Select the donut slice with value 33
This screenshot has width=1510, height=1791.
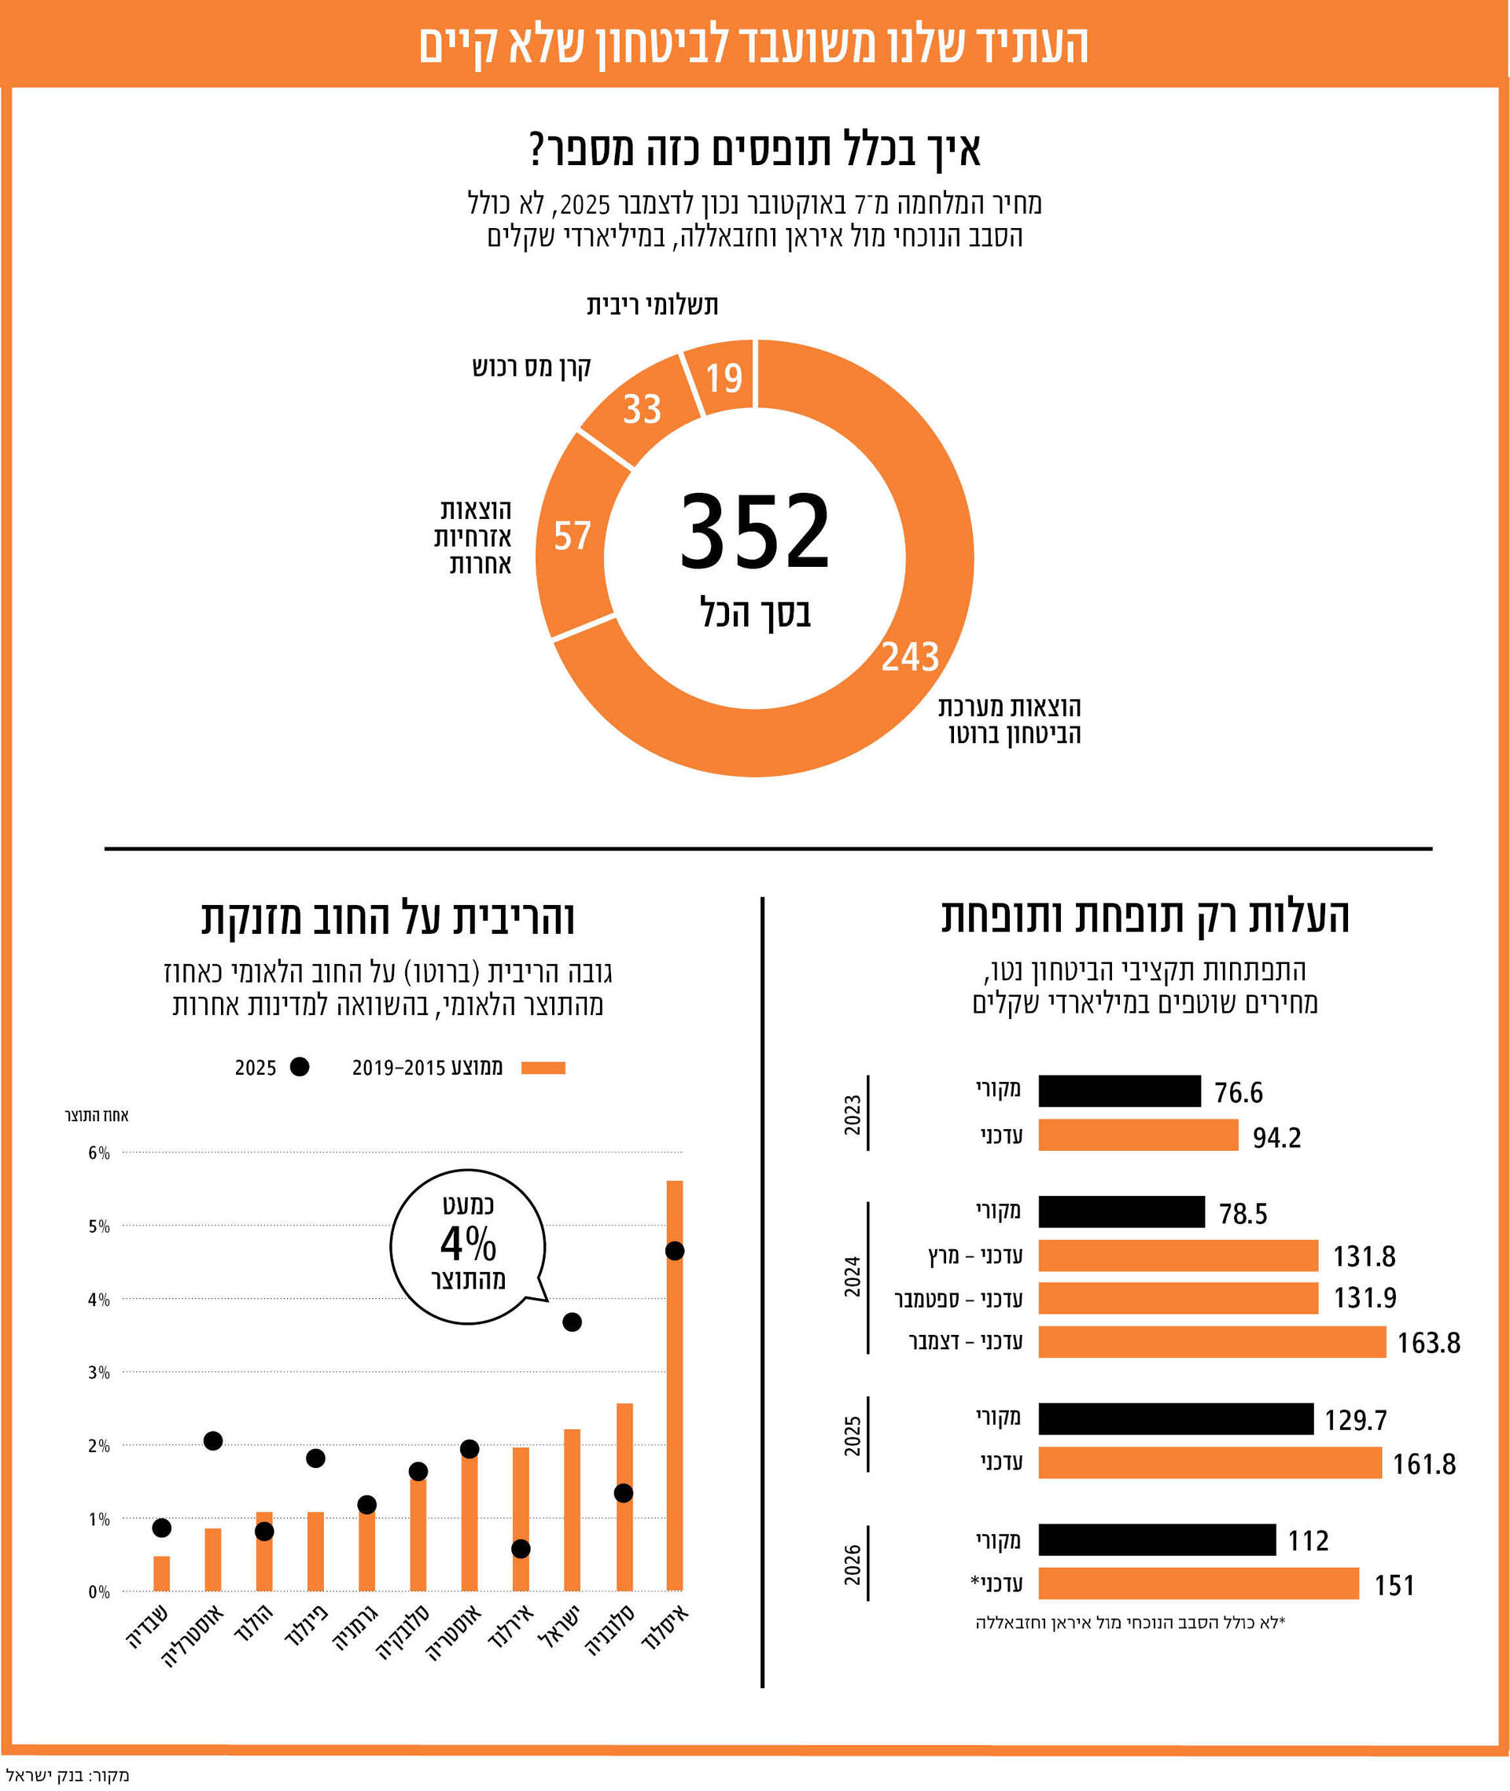(x=642, y=409)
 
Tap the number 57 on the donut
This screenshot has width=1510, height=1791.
(x=572, y=536)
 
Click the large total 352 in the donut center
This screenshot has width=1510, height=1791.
(x=754, y=531)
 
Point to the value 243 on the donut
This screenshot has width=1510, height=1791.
(x=910, y=657)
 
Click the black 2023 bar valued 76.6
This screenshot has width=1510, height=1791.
(x=1119, y=1091)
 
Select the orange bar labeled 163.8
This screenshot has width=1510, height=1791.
(x=1211, y=1342)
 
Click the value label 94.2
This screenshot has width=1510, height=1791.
(x=1276, y=1137)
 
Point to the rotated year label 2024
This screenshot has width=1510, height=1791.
(x=852, y=1277)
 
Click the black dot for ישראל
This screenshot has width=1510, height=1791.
(x=572, y=1322)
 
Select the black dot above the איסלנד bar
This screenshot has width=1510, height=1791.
(x=675, y=1251)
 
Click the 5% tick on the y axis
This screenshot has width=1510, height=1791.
(x=99, y=1226)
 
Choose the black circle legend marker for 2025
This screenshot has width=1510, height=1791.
(x=300, y=1067)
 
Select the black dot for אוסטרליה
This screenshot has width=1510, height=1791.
(x=213, y=1441)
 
